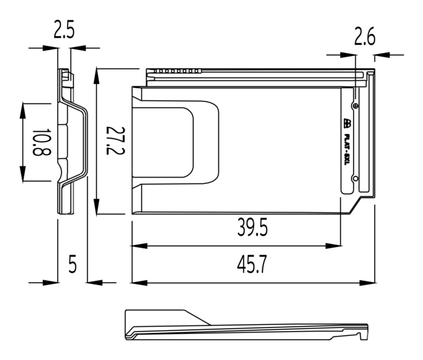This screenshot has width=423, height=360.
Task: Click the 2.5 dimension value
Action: click(64, 30)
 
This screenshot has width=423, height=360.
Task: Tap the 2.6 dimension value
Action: click(364, 36)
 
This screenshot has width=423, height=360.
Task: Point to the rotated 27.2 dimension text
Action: click(115, 141)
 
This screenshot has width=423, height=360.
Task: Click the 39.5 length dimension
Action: click(252, 227)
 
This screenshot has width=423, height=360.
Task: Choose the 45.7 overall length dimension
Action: click(252, 265)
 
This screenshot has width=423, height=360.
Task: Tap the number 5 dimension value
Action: click(73, 264)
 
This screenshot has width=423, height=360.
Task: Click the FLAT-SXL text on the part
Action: click(347, 150)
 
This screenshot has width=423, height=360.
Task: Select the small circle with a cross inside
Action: click(356, 106)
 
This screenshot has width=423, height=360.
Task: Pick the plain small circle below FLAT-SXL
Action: click(355, 179)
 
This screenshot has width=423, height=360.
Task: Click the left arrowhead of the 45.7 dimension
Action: click(139, 283)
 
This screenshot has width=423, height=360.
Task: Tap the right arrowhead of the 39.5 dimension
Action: click(334, 246)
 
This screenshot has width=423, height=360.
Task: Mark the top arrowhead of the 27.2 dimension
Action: click(96, 76)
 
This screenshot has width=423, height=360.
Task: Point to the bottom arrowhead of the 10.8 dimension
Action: click(23, 173)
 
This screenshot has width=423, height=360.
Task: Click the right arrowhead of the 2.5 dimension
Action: click(78, 48)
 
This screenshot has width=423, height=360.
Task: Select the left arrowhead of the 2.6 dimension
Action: click(348, 55)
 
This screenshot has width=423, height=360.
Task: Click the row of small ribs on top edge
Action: click(177, 71)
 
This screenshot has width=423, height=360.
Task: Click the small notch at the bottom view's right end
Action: click(360, 336)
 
